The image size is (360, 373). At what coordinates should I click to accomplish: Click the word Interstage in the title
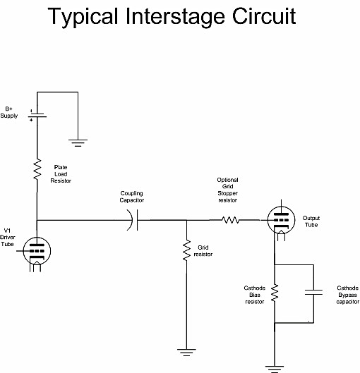(175, 17)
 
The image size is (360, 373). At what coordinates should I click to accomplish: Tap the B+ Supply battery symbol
(37, 116)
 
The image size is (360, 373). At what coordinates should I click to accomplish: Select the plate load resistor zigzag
(37, 169)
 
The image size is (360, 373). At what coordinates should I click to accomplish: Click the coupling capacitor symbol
(133, 220)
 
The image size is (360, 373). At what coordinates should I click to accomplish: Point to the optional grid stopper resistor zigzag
(231, 220)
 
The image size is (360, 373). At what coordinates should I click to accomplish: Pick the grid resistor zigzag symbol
(186, 250)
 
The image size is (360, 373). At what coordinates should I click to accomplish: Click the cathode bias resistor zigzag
(275, 293)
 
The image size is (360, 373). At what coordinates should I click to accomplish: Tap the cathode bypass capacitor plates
(313, 292)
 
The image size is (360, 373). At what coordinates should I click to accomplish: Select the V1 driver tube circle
(37, 251)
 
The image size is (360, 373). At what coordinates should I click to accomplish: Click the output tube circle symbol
(281, 220)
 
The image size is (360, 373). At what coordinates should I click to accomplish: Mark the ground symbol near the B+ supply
(78, 142)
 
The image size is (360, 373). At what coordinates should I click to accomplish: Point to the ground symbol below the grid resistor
(186, 352)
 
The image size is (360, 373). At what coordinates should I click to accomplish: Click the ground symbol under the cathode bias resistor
(275, 369)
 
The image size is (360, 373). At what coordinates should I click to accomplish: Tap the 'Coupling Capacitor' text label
(132, 197)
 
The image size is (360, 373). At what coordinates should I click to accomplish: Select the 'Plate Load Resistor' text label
(61, 174)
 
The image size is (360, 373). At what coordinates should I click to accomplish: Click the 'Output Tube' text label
(311, 221)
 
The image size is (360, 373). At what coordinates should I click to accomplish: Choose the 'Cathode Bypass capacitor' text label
(347, 295)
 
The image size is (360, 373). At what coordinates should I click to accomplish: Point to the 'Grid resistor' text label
(203, 251)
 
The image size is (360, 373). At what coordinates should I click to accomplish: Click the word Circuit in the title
(264, 16)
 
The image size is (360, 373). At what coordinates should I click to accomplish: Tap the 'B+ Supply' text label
(9, 112)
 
